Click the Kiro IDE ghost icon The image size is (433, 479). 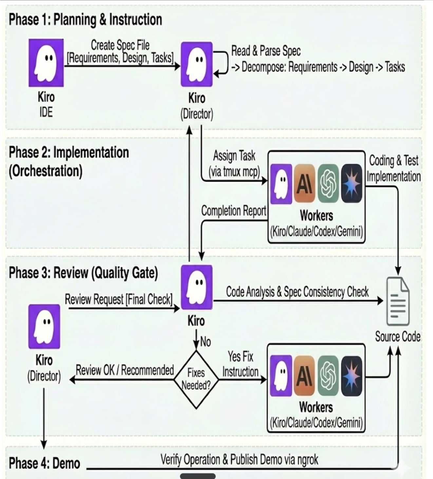46,63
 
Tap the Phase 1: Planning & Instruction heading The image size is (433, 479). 85,20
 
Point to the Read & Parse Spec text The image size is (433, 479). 266,51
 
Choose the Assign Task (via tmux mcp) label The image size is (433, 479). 234,163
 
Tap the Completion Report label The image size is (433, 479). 234,211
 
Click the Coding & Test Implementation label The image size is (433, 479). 394,168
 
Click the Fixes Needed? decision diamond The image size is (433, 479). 196,379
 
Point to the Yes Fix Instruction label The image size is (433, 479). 240,364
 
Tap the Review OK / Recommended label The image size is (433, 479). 125,370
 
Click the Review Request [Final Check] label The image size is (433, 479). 119,299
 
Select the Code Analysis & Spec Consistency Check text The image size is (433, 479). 297,292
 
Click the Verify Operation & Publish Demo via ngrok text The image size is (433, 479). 239,460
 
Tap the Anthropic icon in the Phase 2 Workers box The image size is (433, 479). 304,184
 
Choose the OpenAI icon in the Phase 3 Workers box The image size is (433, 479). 328,375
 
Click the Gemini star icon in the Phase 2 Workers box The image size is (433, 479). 351,184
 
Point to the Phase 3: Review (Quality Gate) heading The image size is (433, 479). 83,273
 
